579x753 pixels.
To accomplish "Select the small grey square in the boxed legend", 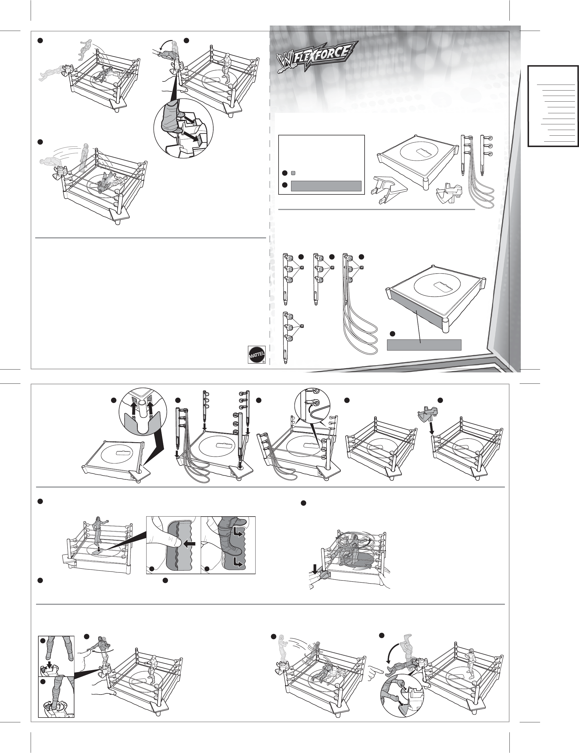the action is coord(293,173).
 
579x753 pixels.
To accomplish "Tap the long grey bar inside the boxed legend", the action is coord(326,186).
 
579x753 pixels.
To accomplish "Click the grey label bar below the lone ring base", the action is coord(424,345).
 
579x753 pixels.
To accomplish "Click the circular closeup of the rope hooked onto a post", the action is coord(313,406).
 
